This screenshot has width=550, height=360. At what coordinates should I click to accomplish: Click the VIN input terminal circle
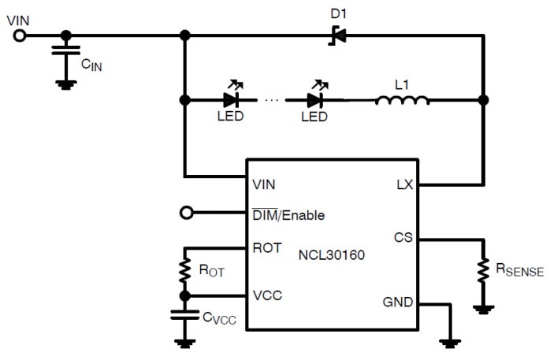point(20,35)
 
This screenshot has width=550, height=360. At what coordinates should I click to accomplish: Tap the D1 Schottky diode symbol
point(334,35)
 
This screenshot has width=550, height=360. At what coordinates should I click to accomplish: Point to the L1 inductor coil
point(402,99)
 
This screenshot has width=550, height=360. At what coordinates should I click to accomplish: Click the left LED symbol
point(231,100)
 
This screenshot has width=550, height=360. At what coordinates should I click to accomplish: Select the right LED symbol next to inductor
point(315,100)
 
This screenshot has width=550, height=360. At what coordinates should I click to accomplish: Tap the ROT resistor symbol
point(185,269)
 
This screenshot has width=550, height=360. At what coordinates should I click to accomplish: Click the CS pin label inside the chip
point(402,239)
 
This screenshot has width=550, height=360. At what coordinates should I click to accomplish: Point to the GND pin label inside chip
point(396,302)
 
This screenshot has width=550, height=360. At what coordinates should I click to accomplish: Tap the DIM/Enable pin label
point(288,214)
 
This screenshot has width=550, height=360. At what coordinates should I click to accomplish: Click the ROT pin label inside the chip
point(266,247)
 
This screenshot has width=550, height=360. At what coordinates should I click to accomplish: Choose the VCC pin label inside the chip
point(267,295)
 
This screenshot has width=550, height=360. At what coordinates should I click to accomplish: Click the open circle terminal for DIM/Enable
point(185,213)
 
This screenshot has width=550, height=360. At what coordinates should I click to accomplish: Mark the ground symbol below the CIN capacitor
point(66,82)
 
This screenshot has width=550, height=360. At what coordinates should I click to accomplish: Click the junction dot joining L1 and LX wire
point(483,100)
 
